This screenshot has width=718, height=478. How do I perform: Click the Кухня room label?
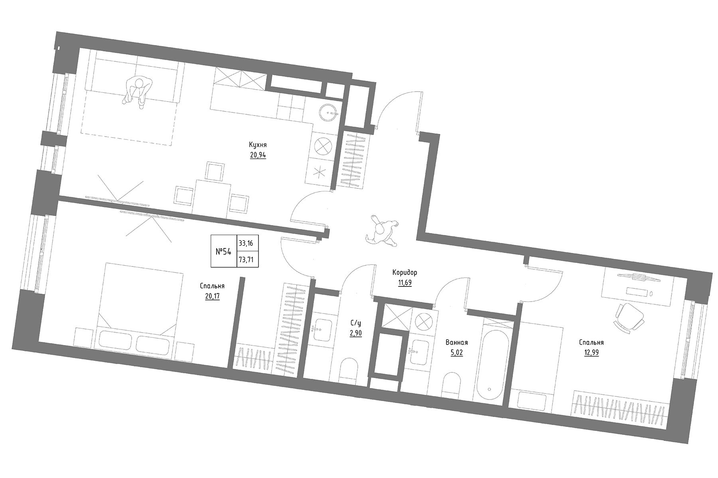pos(258,145)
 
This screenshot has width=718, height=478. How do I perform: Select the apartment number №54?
pos(223,252)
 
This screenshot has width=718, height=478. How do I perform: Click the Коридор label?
pos(404,273)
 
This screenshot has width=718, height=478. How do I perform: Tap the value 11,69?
pos(404,283)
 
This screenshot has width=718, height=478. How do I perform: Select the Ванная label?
pos(456,342)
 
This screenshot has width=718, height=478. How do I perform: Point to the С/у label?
pos(356,323)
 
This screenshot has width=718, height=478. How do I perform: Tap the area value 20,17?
pos(212,296)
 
